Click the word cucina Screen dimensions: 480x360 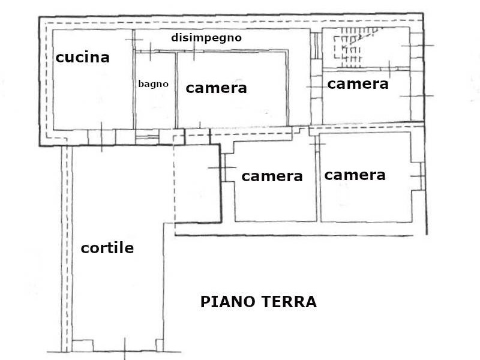pos(82,58)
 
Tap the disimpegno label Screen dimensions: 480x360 pos(206,38)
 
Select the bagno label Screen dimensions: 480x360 pos(154,84)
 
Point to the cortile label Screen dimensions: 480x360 pos(107,248)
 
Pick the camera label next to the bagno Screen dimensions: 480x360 pos(216,88)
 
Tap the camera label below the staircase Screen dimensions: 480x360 pos(358,84)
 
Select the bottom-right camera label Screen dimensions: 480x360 pos(355,175)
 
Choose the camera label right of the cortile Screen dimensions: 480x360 pos(272,176)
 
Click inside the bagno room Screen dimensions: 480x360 pos(155,104)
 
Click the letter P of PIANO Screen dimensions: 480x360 pos(205,302)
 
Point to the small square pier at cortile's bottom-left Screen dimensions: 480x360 pos(83,346)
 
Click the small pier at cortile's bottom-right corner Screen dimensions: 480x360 pos(160,346)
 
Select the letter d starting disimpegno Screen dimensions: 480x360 pos(175,38)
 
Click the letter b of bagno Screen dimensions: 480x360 pos(142,83)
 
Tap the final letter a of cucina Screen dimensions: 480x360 pos(106,59)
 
